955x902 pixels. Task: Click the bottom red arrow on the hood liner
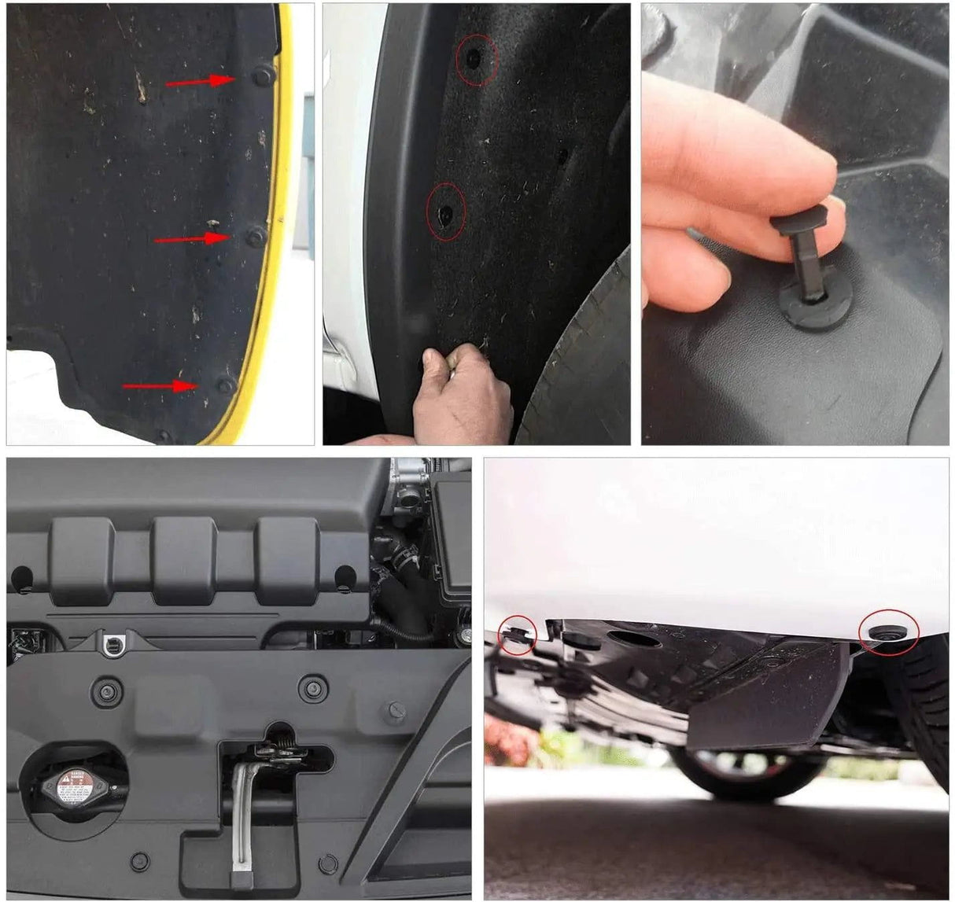click(160, 385)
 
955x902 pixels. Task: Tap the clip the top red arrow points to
click(262, 75)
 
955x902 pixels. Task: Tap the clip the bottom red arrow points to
click(226, 385)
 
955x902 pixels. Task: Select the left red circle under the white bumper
click(517, 635)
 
